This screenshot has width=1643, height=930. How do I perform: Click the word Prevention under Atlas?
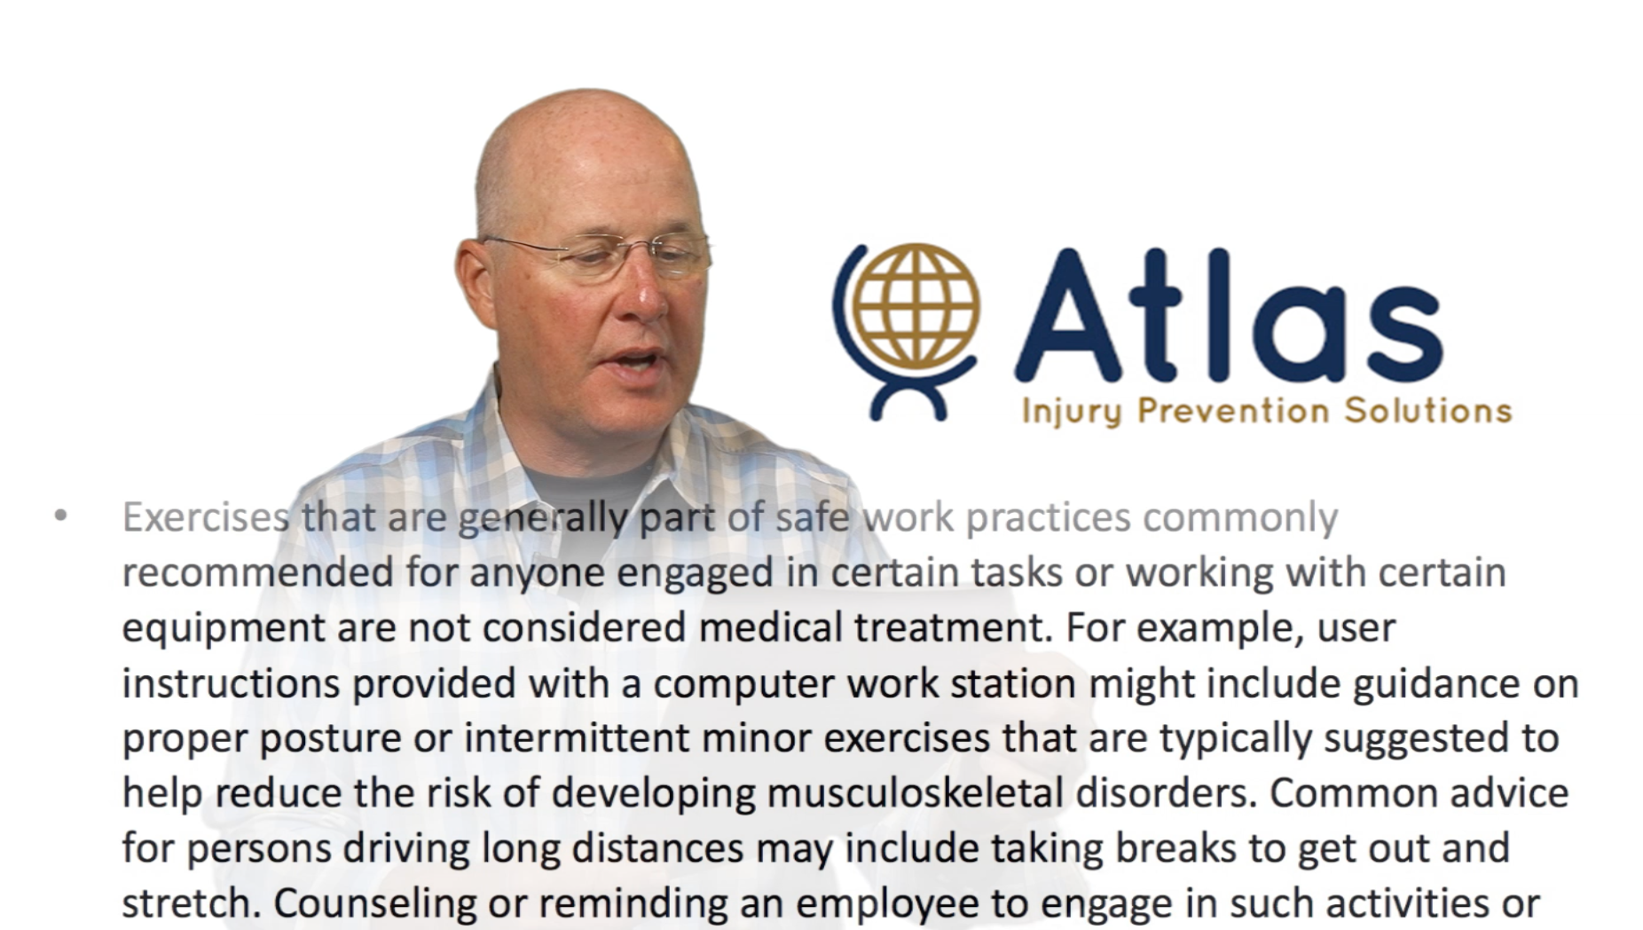(x=1233, y=410)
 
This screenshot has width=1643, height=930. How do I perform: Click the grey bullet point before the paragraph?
(x=60, y=515)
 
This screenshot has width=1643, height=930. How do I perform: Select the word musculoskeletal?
(x=915, y=792)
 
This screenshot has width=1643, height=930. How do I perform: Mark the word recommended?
(x=257, y=572)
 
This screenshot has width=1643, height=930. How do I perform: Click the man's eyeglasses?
(x=596, y=255)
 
